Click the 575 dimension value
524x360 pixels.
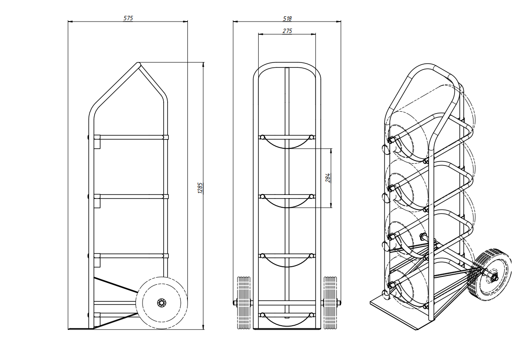click(128, 18)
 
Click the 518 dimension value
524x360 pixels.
click(287, 19)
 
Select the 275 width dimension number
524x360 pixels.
click(287, 31)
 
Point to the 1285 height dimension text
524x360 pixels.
click(200, 188)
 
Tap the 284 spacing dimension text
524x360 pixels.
click(328, 178)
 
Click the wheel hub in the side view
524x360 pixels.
click(161, 302)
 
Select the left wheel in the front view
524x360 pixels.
click(244, 302)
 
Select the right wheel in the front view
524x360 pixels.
click(330, 302)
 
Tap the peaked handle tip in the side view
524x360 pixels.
click(138, 63)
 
